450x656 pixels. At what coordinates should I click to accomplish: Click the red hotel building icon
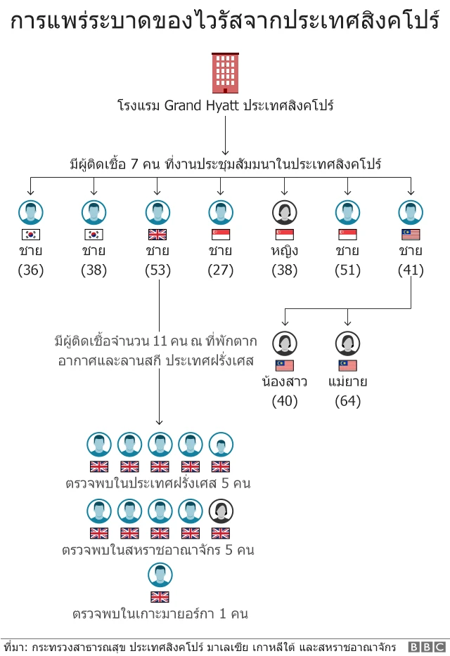pos(225,73)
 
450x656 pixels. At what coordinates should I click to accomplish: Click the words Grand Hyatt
pos(201,106)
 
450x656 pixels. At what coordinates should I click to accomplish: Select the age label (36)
pos(30,270)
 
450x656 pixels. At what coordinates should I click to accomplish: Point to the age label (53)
pos(157,270)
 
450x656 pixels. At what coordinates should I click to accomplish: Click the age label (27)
pos(221,270)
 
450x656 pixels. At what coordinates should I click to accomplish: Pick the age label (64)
pos(347,402)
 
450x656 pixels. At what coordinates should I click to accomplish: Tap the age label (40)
pos(285,402)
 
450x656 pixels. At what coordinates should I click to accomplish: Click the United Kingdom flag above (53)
pos(157,235)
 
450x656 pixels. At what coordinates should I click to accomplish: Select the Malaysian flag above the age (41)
pos(411,235)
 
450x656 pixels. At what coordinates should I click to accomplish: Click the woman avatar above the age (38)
pos(285,212)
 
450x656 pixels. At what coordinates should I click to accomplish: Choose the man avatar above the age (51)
pos(347,212)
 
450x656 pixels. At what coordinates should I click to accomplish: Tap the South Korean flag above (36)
pos(30,235)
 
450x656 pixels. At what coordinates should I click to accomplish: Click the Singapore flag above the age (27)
pos(221,235)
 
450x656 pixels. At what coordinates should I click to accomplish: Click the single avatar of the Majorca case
pos(160,576)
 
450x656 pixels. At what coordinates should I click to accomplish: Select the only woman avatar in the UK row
pos(221,511)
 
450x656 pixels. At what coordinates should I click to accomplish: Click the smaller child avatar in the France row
pos(221,445)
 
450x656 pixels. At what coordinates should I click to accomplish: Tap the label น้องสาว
pos(285,383)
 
